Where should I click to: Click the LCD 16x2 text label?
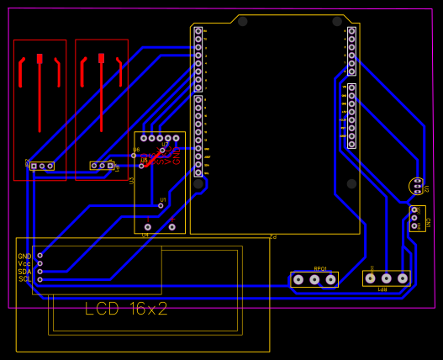click(127, 309)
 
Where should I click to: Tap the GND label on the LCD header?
click(24, 256)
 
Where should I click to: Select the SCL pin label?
click(24, 278)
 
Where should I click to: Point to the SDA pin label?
click(24, 271)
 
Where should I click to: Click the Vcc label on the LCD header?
click(24, 263)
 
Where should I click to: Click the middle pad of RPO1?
click(314, 279)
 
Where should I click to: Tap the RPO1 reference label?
click(319, 269)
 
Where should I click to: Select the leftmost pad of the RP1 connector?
click(371, 278)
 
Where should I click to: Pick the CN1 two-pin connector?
click(417, 219)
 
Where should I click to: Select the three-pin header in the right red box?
click(102, 166)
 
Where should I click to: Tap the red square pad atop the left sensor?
click(40, 58)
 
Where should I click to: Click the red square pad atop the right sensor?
click(101, 58)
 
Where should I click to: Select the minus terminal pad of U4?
click(148, 227)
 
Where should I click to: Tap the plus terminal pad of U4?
click(171, 227)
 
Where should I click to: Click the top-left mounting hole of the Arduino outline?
click(243, 21)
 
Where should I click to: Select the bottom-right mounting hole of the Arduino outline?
click(351, 183)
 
